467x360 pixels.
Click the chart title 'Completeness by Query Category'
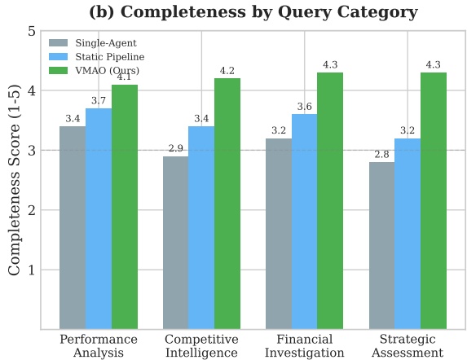coord(269,12)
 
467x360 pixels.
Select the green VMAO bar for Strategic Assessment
coord(434,200)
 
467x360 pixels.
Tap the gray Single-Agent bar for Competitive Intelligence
coord(176,243)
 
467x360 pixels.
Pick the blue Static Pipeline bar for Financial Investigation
coord(304,222)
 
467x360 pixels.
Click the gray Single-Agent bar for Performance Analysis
coord(73,227)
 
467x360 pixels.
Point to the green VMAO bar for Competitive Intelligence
coord(227,204)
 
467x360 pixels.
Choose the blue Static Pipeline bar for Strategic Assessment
coord(408,234)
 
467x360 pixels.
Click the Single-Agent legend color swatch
coord(59,43)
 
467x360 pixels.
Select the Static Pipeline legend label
coord(110,56)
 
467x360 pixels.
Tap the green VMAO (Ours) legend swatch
coord(59,70)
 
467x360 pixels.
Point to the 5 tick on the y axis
coord(32,31)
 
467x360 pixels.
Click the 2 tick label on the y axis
coord(32,210)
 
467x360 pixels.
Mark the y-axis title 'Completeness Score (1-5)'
coord(14,181)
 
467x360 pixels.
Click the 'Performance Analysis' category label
coord(99,345)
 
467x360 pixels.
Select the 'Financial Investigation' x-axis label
coord(304,345)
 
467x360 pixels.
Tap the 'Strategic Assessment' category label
coord(408,345)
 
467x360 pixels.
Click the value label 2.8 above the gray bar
coord(381,155)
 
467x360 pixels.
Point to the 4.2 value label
coord(227,71)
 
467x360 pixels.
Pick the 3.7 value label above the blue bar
coord(99,100)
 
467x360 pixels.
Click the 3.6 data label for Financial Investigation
coord(304,107)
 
